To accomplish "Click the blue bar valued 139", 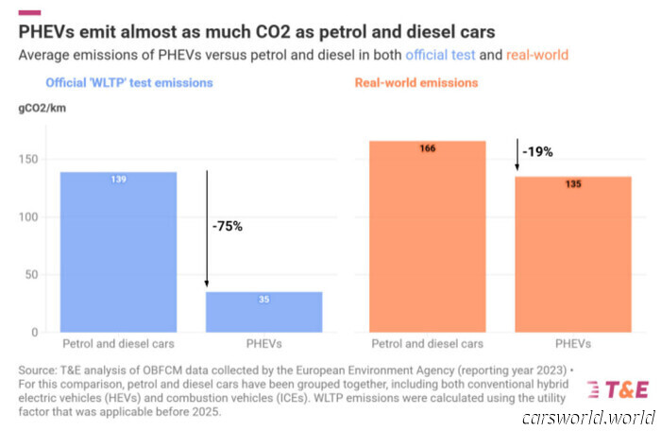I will click(x=118, y=251).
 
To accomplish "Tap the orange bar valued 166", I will click(x=427, y=236).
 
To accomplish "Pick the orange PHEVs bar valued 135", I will click(x=573, y=253).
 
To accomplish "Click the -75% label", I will click(x=228, y=227).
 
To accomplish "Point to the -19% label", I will click(x=540, y=151).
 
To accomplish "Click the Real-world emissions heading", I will click(x=416, y=83).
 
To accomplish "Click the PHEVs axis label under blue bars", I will click(x=264, y=344).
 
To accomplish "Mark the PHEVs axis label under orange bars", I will click(x=573, y=344).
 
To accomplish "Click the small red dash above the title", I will click(x=29, y=11).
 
